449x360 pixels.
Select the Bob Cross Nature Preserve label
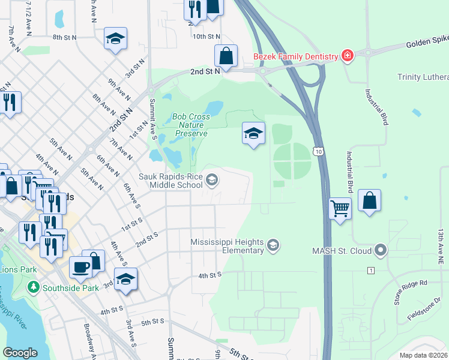190,125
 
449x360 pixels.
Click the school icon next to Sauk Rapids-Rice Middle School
211,179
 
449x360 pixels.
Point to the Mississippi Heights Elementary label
227,246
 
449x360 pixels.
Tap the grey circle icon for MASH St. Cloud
379,250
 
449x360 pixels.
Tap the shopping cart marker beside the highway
340,209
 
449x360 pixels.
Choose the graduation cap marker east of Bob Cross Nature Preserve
253,133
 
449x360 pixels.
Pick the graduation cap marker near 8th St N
115,39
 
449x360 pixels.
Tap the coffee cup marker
80,267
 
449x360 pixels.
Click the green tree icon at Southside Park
33,288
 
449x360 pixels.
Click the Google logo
20,352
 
